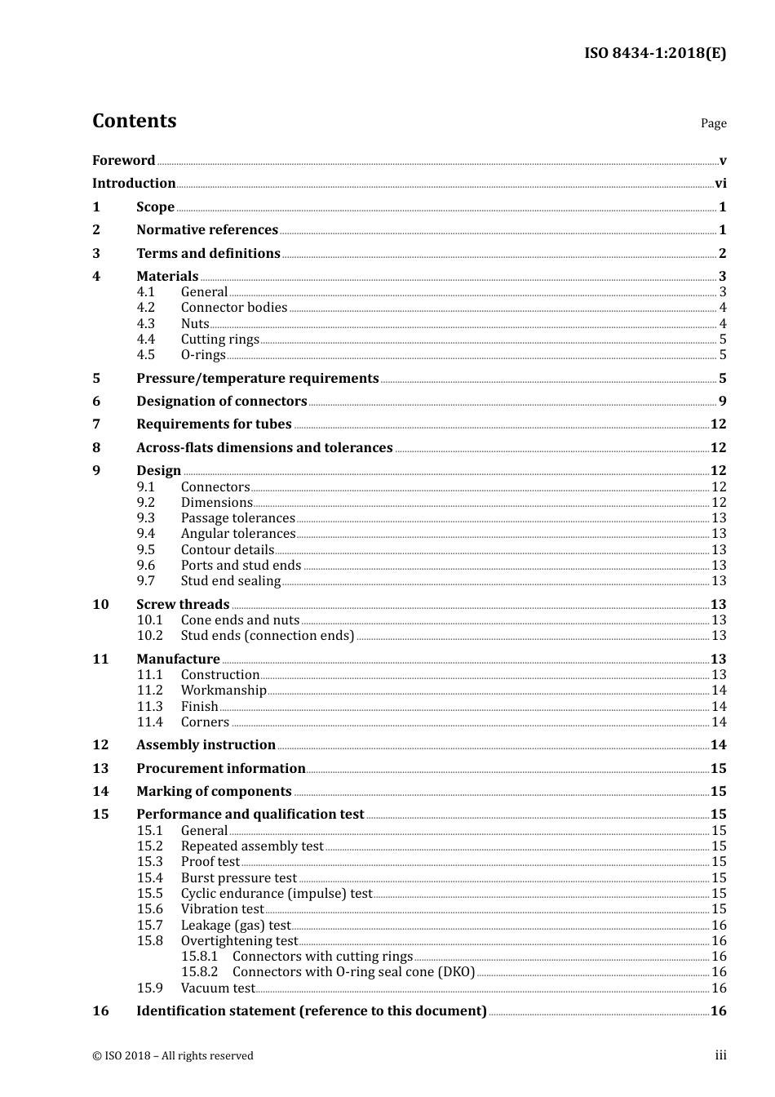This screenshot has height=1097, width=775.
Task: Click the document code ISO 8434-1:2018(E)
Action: click(x=654, y=54)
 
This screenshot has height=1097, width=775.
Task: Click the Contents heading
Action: click(x=134, y=121)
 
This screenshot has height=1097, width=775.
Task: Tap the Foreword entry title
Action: click(x=123, y=161)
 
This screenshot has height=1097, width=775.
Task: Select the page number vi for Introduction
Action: click(x=720, y=184)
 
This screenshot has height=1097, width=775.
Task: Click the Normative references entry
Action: click(x=207, y=230)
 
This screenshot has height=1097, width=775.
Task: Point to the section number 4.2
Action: click(x=145, y=308)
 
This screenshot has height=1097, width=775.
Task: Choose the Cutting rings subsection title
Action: click(x=219, y=340)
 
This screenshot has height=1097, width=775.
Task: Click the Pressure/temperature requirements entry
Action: click(x=257, y=379)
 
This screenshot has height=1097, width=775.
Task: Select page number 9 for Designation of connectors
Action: click(x=722, y=402)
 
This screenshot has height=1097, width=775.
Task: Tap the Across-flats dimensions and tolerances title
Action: click(x=264, y=448)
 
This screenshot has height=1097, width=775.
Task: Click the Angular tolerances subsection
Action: click(x=237, y=534)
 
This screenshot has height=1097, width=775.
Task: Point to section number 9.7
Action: click(x=145, y=581)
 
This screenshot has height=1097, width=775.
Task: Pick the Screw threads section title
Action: click(x=183, y=605)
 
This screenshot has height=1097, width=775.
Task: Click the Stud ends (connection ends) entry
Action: click(x=268, y=636)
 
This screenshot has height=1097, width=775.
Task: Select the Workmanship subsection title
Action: click(x=224, y=691)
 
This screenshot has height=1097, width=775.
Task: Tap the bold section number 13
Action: click(x=100, y=769)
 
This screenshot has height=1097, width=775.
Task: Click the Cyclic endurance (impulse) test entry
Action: click(x=276, y=894)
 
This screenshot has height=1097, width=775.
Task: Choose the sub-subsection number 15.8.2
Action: click(x=199, y=972)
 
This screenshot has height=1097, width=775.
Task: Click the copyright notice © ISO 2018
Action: click(x=172, y=1056)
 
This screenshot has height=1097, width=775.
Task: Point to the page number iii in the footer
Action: click(x=720, y=1055)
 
